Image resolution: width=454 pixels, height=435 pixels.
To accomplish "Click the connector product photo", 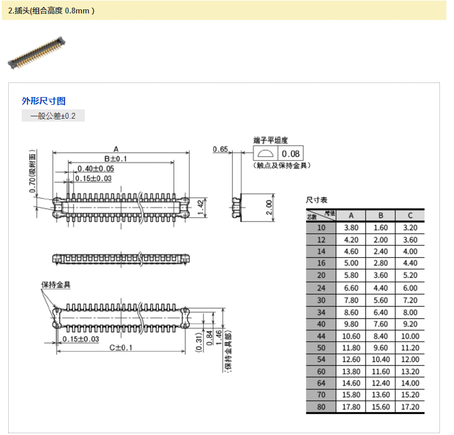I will click(36, 53).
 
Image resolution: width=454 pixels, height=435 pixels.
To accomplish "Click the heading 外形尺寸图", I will click(44, 101).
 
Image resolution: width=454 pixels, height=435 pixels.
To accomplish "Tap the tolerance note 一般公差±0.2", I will click(53, 116).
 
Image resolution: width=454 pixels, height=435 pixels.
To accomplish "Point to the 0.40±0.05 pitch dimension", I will click(95, 168).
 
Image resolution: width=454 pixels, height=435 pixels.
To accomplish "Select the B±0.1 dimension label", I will click(116, 158).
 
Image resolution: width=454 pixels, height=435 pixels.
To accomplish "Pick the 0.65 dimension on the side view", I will click(221, 149).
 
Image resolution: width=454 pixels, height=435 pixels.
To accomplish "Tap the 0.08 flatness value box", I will click(290, 154).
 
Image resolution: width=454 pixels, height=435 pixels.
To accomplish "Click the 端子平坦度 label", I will click(270, 140).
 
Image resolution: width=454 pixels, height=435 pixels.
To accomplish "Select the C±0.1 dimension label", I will click(122, 347).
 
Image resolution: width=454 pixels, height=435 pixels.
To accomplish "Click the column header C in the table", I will click(410, 215).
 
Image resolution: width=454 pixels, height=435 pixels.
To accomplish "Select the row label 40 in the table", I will click(321, 323).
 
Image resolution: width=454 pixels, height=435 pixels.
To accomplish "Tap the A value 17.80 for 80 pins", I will click(351, 407).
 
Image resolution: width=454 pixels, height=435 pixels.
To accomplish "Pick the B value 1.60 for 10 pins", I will click(381, 227).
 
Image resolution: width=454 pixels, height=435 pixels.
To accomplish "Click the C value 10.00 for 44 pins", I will click(410, 336).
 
